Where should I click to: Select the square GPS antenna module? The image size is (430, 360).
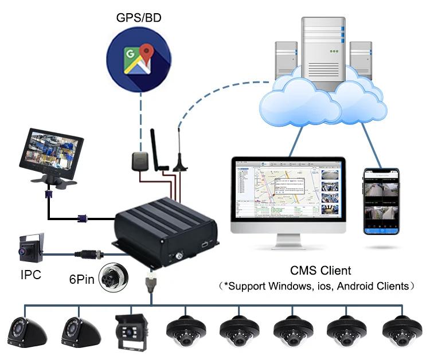tap(139, 160)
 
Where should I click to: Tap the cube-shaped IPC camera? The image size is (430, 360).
tap(32, 247)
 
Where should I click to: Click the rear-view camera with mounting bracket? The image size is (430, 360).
tap(134, 332)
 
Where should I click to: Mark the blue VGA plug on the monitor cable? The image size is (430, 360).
tap(82, 218)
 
